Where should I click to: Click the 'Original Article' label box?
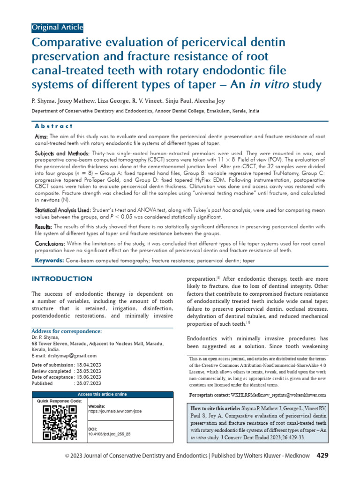coord(57,27)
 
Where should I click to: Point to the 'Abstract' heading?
coord(54,126)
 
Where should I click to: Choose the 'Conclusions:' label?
coord(51,244)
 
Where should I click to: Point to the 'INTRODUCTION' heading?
coord(62,279)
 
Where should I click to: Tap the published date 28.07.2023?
coord(89,383)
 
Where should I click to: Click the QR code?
coord(60,423)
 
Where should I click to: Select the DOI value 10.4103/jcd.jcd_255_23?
coord(109,434)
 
